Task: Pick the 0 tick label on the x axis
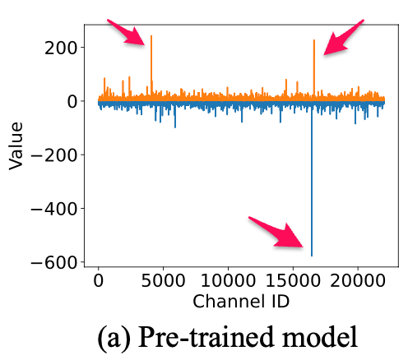(99, 281)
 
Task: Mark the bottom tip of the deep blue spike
(312, 254)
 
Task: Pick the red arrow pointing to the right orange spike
(342, 38)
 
